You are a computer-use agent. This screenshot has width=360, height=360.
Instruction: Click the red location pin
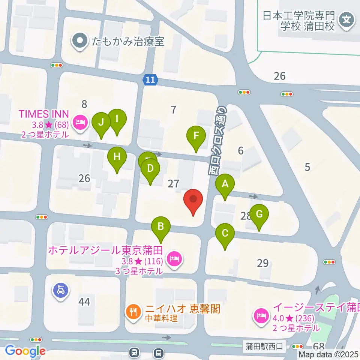point(193,201)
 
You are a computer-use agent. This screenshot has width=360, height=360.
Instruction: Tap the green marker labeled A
point(225,185)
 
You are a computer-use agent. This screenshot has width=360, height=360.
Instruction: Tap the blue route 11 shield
point(150,79)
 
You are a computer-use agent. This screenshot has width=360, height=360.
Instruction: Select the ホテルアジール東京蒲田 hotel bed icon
point(174,258)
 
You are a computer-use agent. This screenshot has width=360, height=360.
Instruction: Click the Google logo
point(25,351)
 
